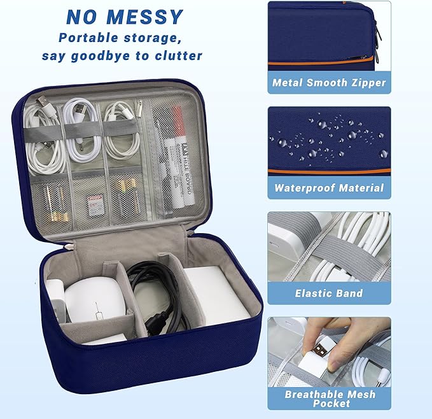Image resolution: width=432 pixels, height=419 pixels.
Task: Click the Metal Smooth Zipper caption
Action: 329,82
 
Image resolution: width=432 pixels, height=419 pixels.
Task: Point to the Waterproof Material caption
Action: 329,188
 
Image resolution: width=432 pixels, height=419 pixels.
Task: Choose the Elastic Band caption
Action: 329,294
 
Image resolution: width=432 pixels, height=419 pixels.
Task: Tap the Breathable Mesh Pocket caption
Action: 329,399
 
